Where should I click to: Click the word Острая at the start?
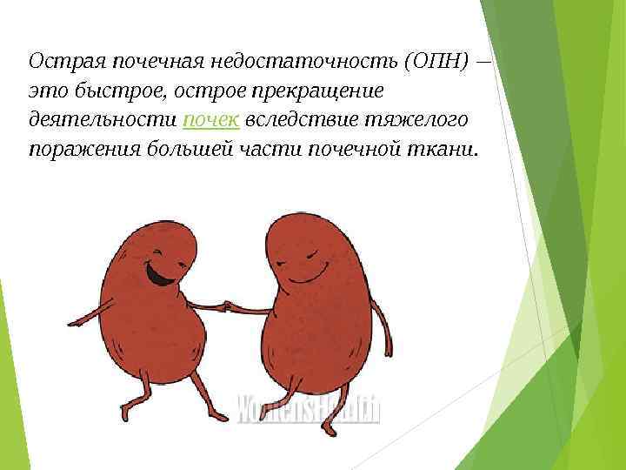tap(57, 62)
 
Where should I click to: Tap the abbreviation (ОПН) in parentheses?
tap(436, 62)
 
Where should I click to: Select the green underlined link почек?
tap(214, 119)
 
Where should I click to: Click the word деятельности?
tap(101, 119)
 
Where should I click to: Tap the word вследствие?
tap(296, 119)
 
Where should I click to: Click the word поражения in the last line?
tap(80, 149)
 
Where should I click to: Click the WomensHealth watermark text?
tap(309, 407)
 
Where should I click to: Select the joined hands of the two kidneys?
tap(227, 306)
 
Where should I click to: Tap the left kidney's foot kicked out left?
tap(126, 409)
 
